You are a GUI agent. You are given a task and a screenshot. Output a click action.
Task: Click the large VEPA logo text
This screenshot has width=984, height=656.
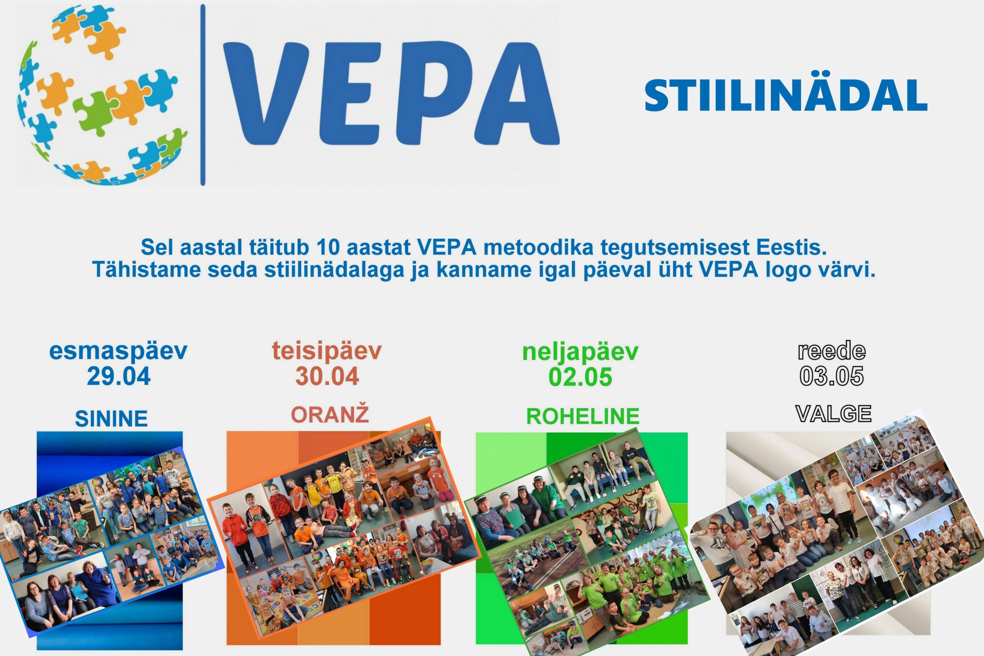pyautogui.click(x=391, y=93)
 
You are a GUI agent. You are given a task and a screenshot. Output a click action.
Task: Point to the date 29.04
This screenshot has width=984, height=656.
pyautogui.click(x=119, y=376)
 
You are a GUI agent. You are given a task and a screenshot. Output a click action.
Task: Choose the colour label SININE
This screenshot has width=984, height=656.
pyautogui.click(x=111, y=419)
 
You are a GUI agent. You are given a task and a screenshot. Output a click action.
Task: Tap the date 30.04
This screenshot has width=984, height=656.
pyautogui.click(x=327, y=376)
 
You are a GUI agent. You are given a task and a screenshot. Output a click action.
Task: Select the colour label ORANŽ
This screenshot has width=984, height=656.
pyautogui.click(x=330, y=414)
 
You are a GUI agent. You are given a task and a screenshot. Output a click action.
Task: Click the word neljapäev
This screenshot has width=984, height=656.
pyautogui.click(x=580, y=352)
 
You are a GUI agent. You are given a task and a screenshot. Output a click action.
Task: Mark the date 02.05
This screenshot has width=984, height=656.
pyautogui.click(x=580, y=376)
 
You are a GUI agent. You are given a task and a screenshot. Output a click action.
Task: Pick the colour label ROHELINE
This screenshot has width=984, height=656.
pyautogui.click(x=583, y=416)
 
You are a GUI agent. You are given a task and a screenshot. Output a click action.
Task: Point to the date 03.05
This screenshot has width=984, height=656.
pyautogui.click(x=831, y=376)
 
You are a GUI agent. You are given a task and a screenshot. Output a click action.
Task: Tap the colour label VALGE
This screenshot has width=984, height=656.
pyautogui.click(x=833, y=414)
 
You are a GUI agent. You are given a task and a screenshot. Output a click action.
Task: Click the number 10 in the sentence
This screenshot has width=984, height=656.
pyautogui.click(x=328, y=247)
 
